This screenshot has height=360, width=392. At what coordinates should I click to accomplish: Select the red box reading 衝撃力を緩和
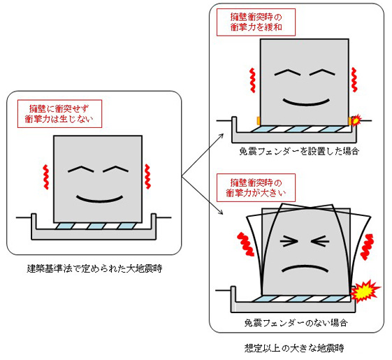pos(252,22)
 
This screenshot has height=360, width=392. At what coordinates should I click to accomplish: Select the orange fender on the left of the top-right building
pos(259,120)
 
